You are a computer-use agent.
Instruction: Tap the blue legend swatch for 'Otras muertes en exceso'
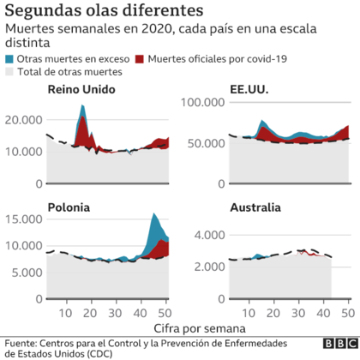pos(10,60)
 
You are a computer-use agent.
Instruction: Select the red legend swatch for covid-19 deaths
pos(139,60)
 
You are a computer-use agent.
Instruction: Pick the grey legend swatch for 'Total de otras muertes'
pos(10,73)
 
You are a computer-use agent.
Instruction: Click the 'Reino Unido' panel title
pos(78,91)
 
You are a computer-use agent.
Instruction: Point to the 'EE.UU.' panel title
pos(253,91)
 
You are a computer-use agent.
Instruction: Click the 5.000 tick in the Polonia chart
pos(25,274)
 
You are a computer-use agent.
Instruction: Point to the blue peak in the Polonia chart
pos(153,215)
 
